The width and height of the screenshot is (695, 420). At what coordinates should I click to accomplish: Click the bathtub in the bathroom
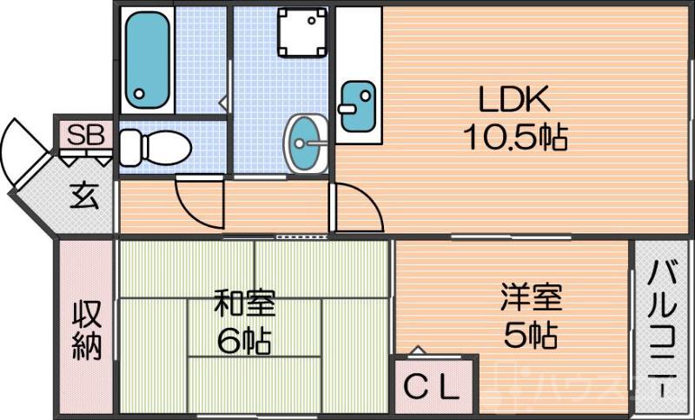pos(146,58)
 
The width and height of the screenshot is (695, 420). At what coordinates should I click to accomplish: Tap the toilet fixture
pos(156,147)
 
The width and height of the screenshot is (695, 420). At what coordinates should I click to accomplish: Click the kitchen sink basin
pos(357,106)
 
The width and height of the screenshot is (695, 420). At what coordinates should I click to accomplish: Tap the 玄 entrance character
pos(83,196)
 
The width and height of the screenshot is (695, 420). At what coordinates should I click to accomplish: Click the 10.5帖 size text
pos(515,137)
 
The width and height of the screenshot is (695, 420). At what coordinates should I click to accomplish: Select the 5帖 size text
pos(530,334)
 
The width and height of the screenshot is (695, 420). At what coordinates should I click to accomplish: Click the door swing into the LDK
pos(356,209)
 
